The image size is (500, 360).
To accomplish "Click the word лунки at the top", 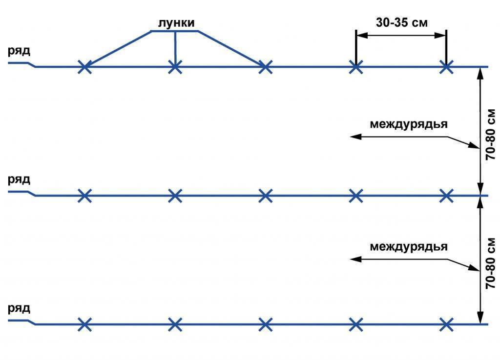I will pyautogui.click(x=176, y=23).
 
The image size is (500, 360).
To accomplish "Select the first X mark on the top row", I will pyautogui.click(x=85, y=67).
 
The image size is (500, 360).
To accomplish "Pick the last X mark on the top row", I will pyautogui.click(x=446, y=67).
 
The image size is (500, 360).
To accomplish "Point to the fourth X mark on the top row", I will pyautogui.click(x=356, y=67).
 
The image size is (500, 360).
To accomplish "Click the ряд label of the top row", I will pyautogui.click(x=19, y=51).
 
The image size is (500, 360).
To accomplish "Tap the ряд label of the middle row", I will pyautogui.click(x=19, y=179).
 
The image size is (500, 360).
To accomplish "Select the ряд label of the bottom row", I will pyautogui.click(x=19, y=308).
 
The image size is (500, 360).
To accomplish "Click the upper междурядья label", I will pyautogui.click(x=409, y=124).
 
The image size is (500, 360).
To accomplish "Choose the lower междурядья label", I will pyautogui.click(x=409, y=246).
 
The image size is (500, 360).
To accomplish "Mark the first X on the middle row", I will pyautogui.click(x=85, y=196).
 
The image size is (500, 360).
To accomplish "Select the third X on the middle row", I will pyautogui.click(x=265, y=196).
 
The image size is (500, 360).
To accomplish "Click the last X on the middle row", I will pyautogui.click(x=446, y=196).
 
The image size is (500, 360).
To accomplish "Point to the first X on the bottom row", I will pyautogui.click(x=85, y=324).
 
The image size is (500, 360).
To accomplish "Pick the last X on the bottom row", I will pyautogui.click(x=446, y=324).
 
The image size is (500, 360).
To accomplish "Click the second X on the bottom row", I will pyautogui.click(x=175, y=324).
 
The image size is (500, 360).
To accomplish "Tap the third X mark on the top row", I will pyautogui.click(x=265, y=67).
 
